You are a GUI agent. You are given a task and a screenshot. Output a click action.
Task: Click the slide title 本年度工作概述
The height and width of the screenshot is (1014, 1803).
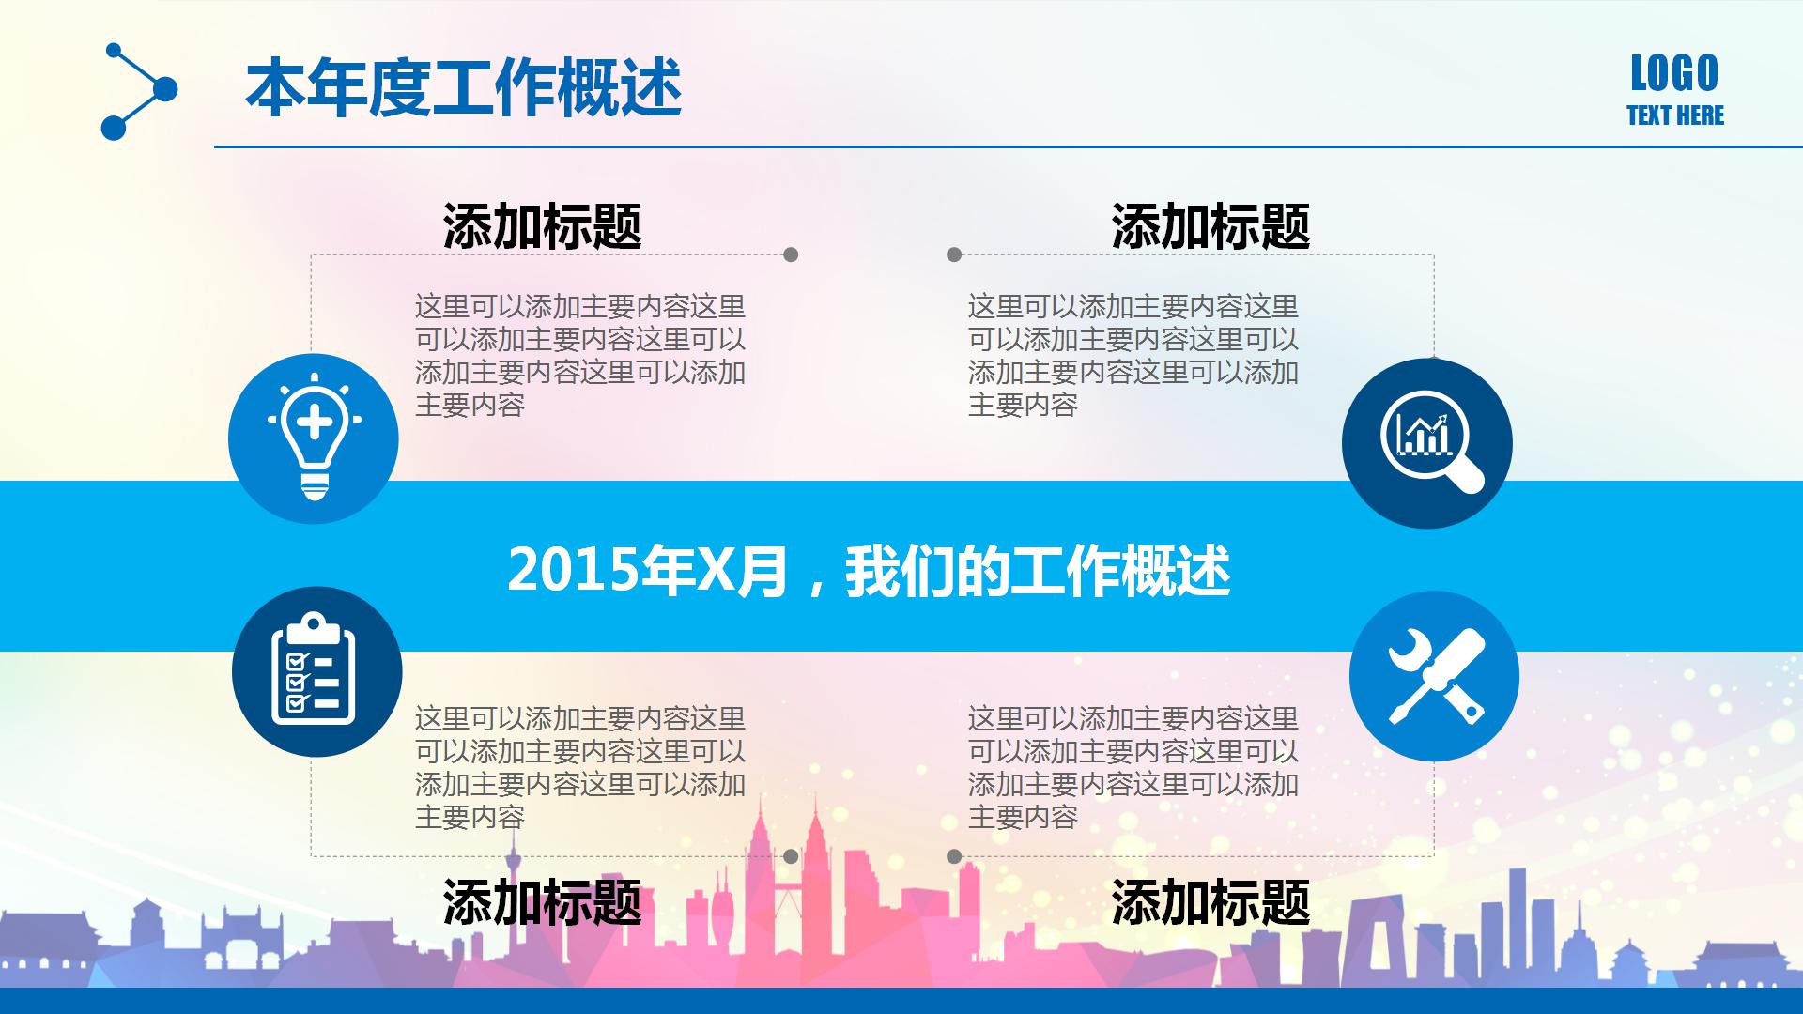463,89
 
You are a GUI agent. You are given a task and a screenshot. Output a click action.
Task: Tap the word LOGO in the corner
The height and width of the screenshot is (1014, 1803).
1674,73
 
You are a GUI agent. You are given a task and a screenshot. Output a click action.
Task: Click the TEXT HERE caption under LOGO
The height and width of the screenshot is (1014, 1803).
1675,115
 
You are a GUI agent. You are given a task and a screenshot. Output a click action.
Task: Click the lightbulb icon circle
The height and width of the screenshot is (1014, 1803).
314,438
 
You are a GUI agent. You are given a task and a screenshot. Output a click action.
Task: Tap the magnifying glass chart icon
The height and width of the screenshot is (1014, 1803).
1426,443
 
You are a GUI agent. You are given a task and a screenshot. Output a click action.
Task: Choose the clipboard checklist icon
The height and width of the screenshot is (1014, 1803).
316,671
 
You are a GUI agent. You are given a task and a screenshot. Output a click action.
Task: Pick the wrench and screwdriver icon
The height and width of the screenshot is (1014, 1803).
1434,676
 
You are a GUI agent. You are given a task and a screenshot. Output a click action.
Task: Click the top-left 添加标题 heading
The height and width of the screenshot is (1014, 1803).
542,226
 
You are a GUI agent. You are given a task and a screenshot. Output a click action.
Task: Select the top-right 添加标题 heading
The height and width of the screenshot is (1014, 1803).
1210,226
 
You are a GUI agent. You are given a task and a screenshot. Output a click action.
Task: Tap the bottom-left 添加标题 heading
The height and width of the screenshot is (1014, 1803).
542,902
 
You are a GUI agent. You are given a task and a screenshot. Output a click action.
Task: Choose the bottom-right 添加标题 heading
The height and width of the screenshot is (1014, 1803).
1210,902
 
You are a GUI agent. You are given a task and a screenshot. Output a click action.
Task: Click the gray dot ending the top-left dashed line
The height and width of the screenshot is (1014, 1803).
791,254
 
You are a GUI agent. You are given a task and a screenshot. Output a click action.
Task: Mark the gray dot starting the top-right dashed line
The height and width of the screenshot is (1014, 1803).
954,254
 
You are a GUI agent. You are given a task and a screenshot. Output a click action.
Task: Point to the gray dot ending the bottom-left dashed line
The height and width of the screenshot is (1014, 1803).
791,856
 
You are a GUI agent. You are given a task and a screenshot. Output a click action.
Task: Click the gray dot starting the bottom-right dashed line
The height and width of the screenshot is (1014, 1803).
954,856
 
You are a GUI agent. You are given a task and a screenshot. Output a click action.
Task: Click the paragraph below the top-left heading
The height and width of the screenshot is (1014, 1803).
580,356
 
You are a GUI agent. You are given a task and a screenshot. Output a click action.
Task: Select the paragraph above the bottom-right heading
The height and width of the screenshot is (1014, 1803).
1133,768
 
